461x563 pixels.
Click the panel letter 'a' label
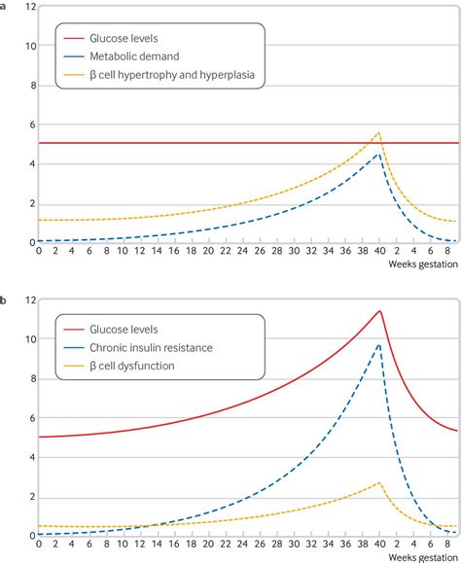tap(4, 5)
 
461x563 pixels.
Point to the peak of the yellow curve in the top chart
tap(378, 132)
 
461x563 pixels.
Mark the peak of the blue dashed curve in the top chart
tap(378, 153)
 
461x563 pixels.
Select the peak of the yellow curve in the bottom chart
tap(378, 482)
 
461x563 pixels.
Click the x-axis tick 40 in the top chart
tap(378, 253)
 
